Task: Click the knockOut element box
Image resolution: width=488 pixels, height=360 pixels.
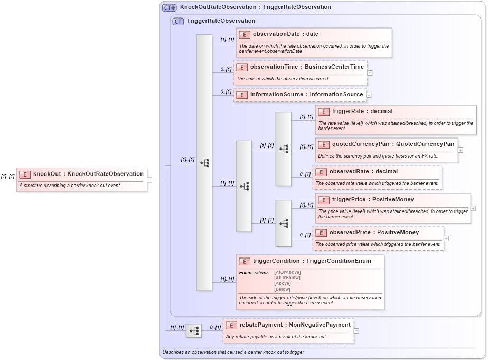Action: click(x=82, y=179)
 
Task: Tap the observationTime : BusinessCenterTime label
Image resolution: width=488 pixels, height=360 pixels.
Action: click(x=307, y=67)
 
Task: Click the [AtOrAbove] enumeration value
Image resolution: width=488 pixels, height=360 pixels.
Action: click(x=287, y=272)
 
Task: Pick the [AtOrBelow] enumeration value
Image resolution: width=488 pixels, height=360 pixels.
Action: click(x=287, y=278)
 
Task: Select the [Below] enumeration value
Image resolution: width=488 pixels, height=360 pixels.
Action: click(x=282, y=289)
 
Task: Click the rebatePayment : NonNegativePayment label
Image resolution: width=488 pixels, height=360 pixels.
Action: click(x=295, y=325)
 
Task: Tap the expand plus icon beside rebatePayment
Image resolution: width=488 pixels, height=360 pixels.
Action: click(x=356, y=331)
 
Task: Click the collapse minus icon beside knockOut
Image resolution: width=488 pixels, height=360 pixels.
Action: click(x=150, y=180)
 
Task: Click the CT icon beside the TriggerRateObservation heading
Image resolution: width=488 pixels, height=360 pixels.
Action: click(x=179, y=21)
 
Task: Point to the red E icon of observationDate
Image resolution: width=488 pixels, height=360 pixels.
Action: click(x=244, y=34)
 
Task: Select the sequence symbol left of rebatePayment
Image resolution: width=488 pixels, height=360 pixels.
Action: click(x=194, y=331)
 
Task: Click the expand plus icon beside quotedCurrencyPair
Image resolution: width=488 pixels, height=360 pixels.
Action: click(x=461, y=150)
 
